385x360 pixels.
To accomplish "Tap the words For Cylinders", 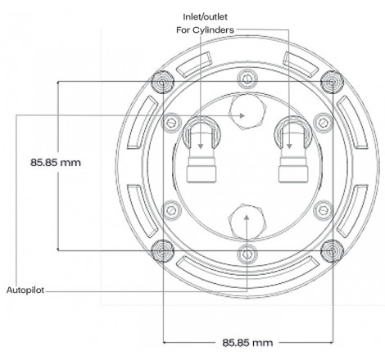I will [208, 30].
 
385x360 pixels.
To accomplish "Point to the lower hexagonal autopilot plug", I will [247, 219].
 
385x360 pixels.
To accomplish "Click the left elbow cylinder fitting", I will [201, 151].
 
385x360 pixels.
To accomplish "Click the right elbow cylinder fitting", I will [292, 151].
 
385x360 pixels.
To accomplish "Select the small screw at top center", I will [247, 78].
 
